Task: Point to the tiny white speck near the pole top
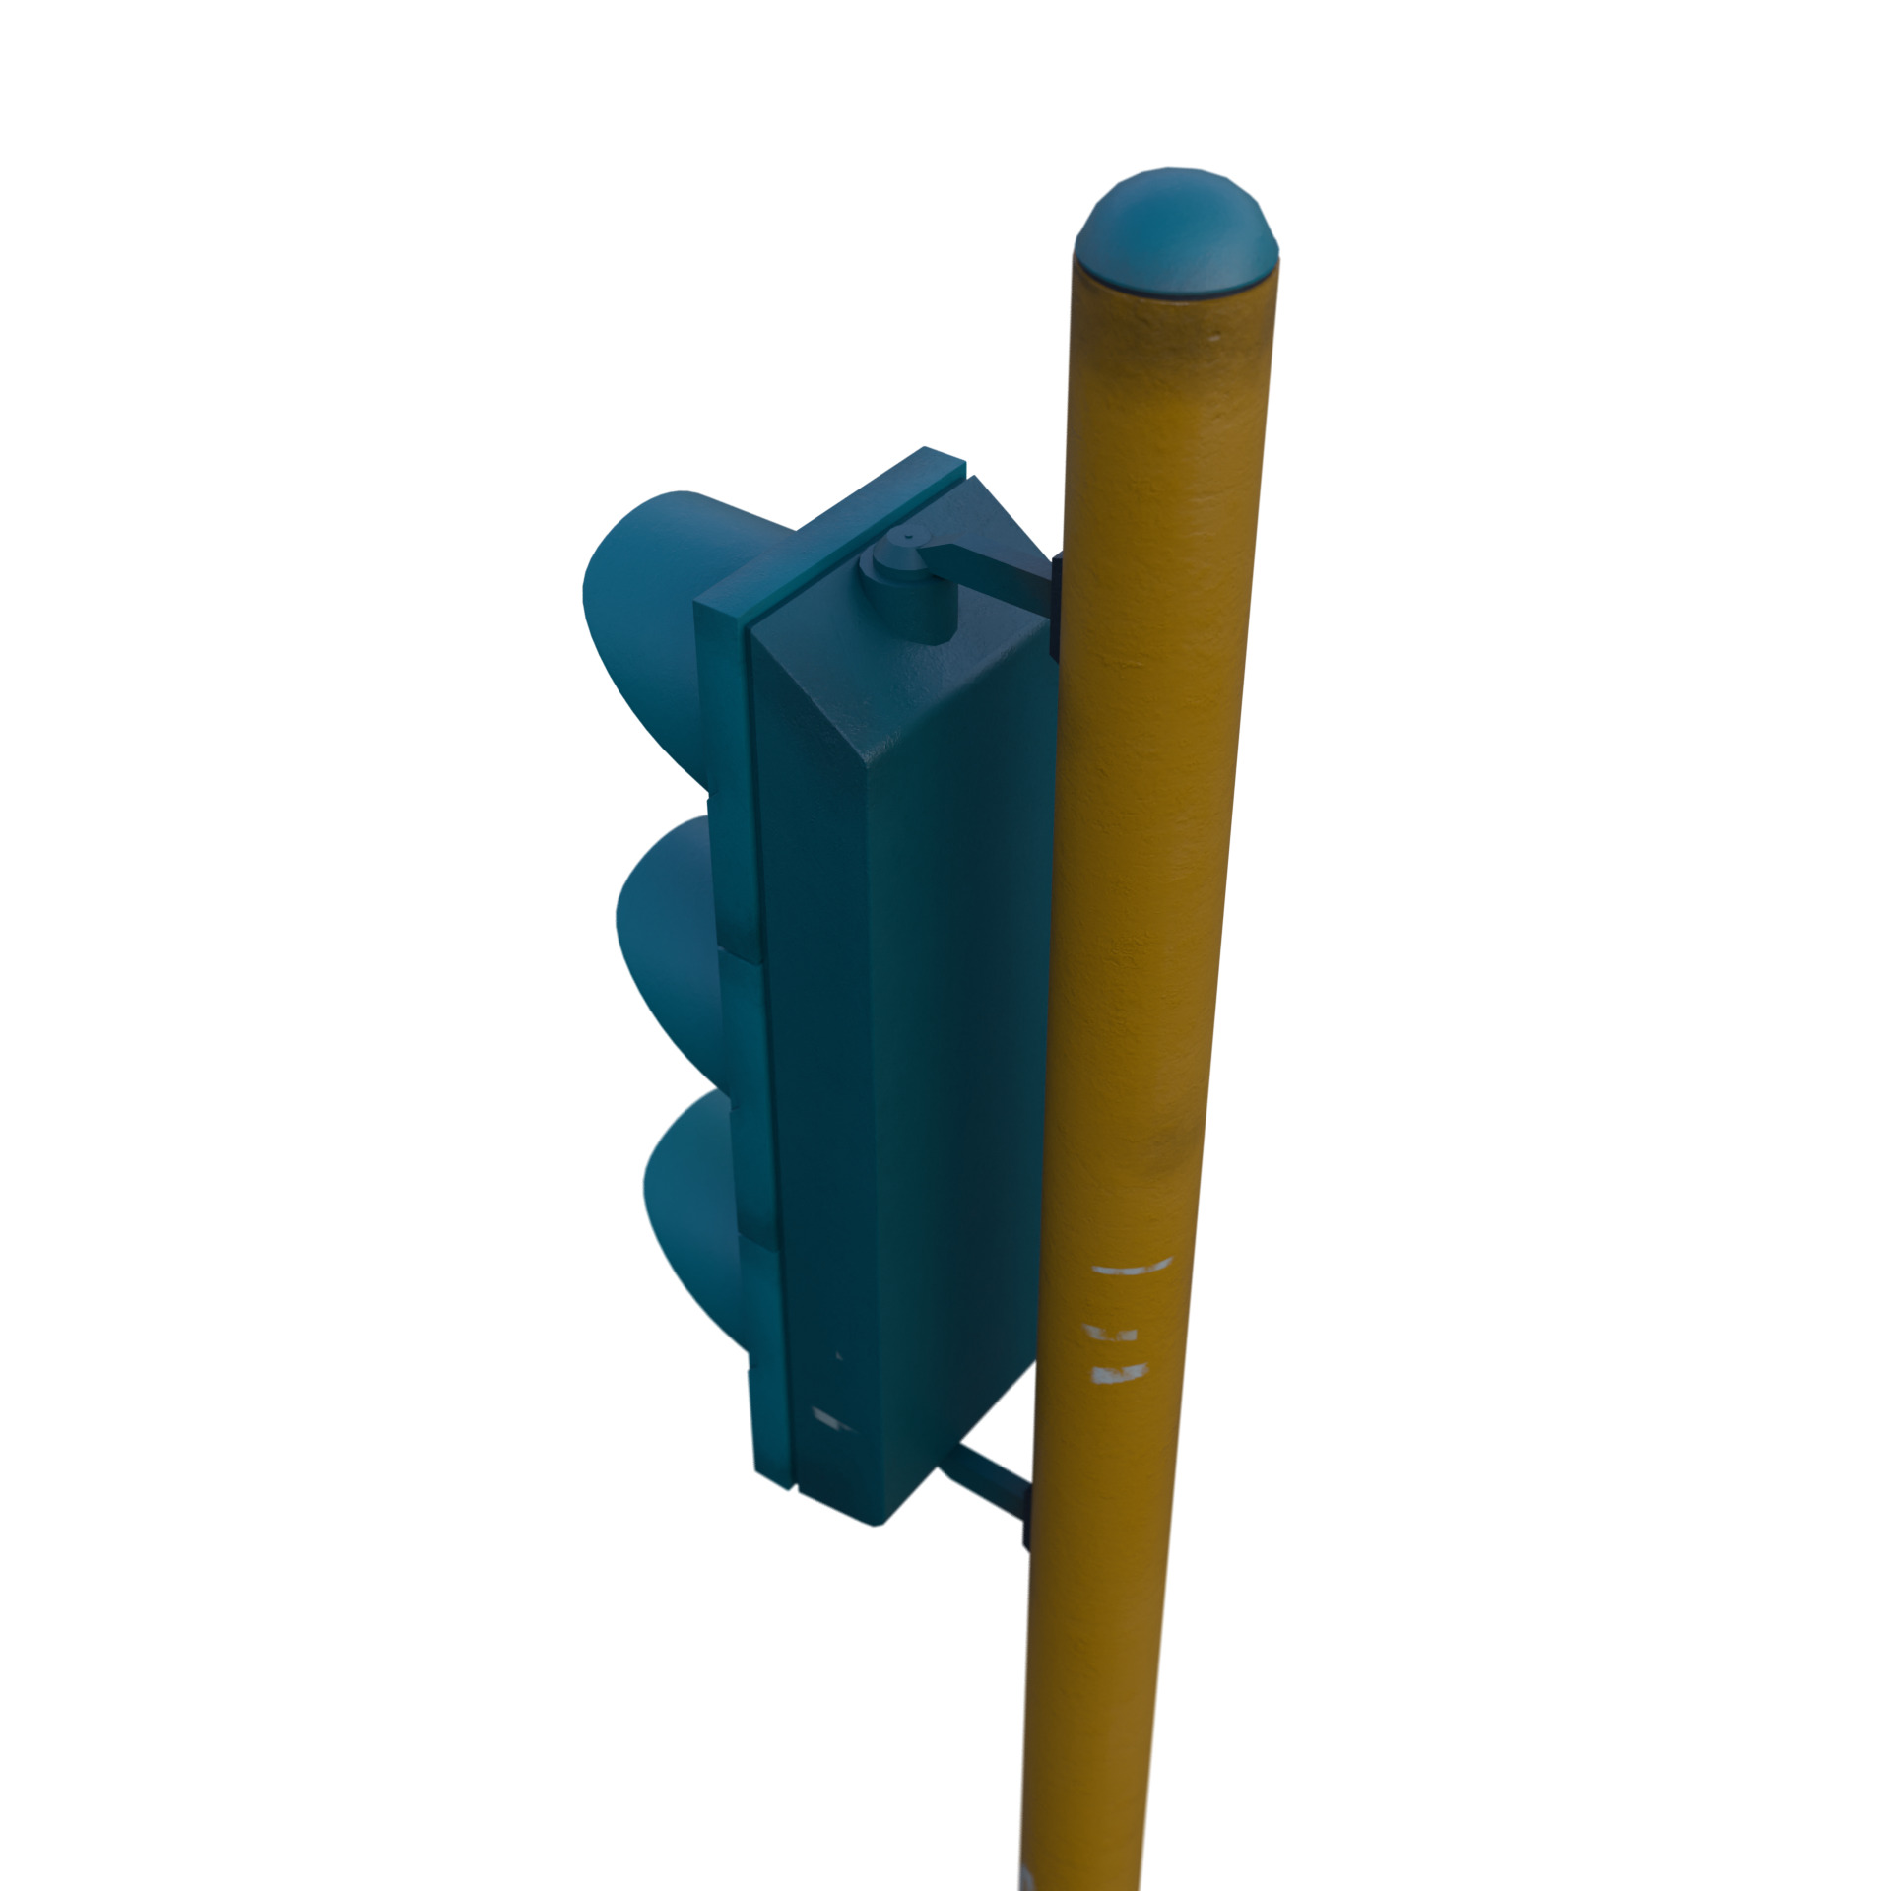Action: tap(1214, 338)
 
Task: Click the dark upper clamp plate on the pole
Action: tap(1055, 606)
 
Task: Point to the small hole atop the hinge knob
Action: tap(904, 538)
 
